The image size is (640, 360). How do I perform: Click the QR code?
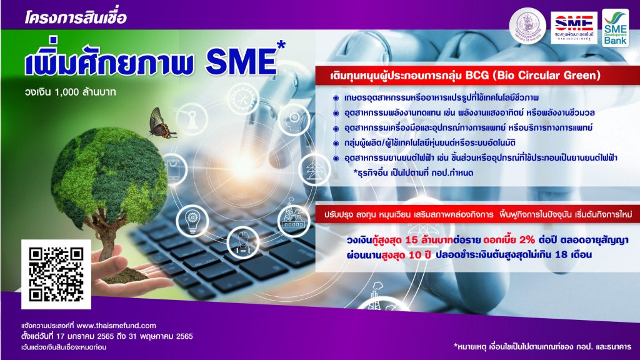coord(56,274)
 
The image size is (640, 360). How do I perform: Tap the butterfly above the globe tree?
coord(162,123)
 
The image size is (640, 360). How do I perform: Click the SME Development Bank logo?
coord(615,27)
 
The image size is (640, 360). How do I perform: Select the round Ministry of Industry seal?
coord(527,26)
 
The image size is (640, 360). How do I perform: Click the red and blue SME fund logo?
coord(574,27)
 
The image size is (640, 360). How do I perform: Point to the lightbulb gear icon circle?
coord(192,221)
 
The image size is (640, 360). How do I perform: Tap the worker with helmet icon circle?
coord(243,242)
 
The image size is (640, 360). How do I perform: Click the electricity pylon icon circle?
coord(314,169)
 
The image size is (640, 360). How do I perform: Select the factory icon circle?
coord(294,221)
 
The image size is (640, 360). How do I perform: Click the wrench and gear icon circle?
coord(243,98)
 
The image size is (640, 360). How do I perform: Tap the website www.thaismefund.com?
coord(116,326)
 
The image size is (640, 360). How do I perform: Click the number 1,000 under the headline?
coord(66,92)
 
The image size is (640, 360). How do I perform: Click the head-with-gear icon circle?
coord(294,119)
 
